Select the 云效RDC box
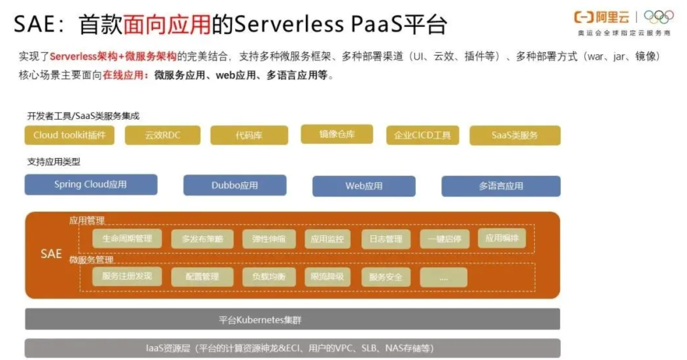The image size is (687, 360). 163,135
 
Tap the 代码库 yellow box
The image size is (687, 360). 250,135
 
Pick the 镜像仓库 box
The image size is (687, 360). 337,134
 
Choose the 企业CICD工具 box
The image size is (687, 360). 422,135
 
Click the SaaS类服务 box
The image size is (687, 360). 515,135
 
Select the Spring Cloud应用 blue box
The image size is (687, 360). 91,184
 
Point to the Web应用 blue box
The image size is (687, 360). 364,186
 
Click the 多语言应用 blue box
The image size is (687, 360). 501,186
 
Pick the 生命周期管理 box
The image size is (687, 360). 127,238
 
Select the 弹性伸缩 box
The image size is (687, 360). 269,239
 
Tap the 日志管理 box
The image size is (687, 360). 386,239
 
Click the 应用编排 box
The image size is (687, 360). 502,238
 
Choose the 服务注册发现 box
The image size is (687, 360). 127,276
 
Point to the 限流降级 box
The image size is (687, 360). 327,277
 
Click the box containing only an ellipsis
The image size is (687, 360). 444,277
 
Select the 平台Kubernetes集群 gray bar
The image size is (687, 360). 292,320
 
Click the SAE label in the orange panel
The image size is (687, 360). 51,254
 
